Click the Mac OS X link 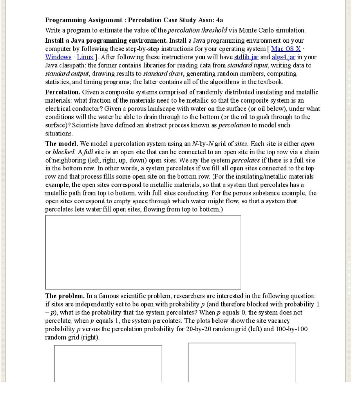pyautogui.click(x=286, y=49)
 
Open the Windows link pyautogui.click(x=58, y=57)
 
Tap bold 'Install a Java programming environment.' pyautogui.click(x=106, y=41)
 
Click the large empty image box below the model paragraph pyautogui.click(x=143, y=252)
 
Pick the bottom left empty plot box pyautogui.click(x=108, y=363)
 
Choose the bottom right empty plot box pyautogui.click(x=242, y=362)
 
